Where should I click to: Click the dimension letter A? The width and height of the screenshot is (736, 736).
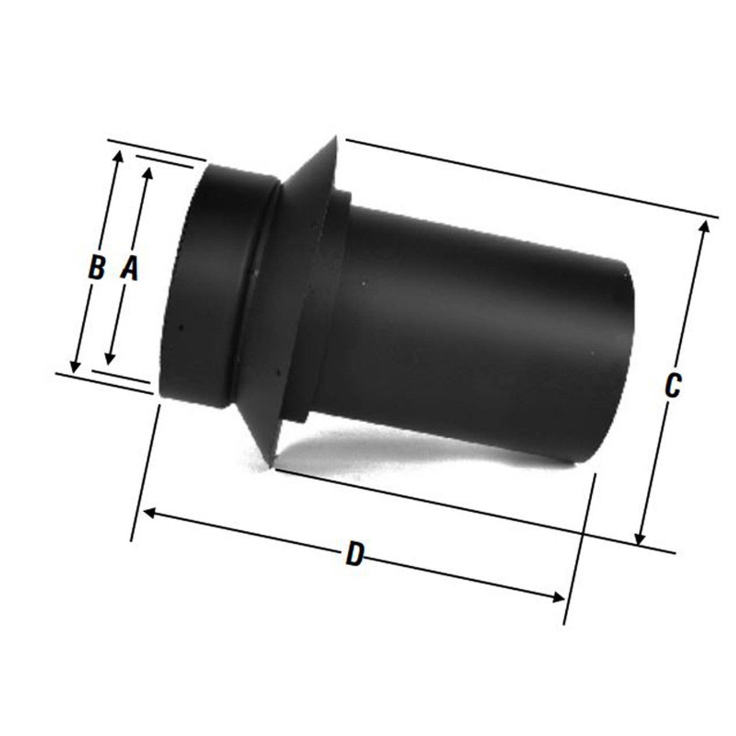(x=130, y=268)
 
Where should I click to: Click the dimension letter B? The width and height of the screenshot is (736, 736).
(x=97, y=268)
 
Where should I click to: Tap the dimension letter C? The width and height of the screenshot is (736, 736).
(x=672, y=386)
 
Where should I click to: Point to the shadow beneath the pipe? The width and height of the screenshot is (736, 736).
(x=402, y=454)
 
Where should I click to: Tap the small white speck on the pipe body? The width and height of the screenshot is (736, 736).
(x=364, y=283)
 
